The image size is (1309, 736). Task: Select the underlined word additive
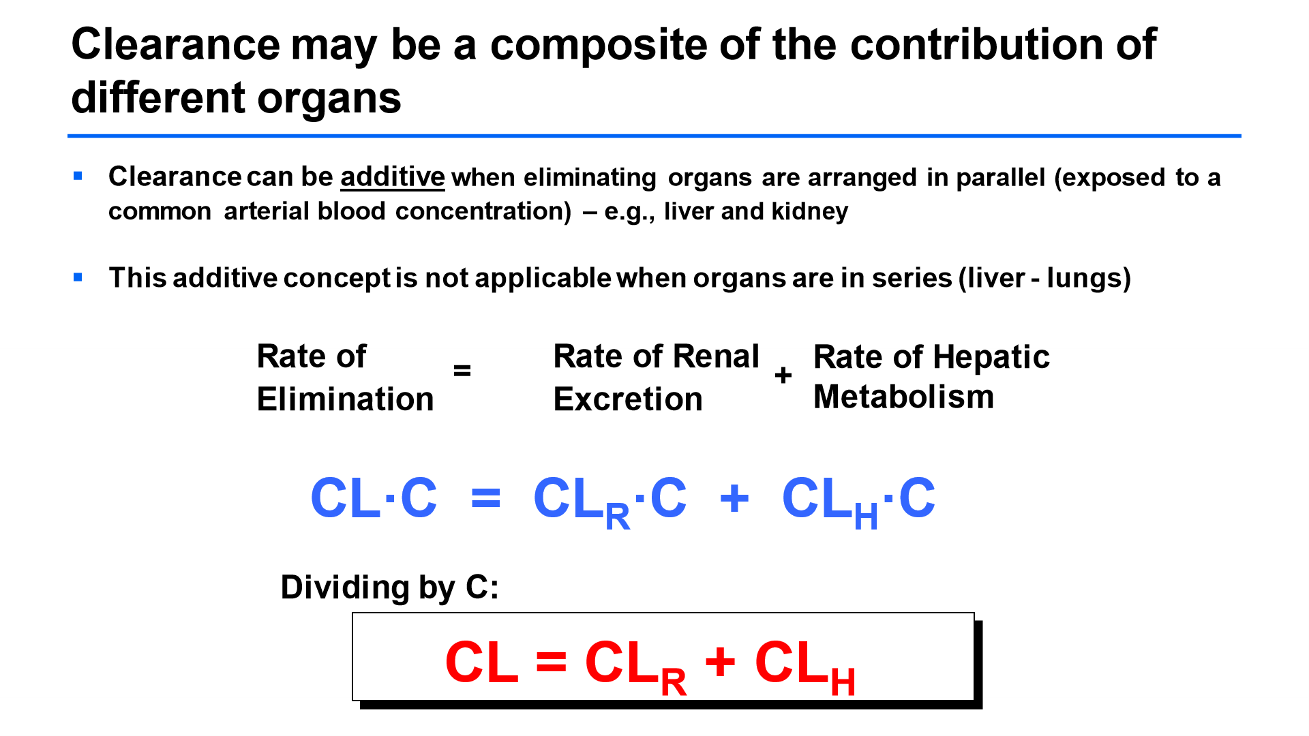tap(393, 177)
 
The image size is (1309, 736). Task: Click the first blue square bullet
tap(78, 177)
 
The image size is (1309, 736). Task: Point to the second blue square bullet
tap(78, 277)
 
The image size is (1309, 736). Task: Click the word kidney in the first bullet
tap(810, 211)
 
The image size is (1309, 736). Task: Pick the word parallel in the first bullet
tap(1001, 177)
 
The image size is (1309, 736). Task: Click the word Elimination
tap(346, 399)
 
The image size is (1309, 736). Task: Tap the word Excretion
tap(628, 399)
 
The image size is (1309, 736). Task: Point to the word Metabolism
tap(904, 397)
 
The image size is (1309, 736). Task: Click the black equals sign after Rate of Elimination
tap(462, 371)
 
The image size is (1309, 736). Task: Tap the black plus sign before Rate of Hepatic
tap(783, 375)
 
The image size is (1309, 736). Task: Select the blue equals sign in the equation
tap(486, 498)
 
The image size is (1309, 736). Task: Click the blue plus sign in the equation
tap(735, 498)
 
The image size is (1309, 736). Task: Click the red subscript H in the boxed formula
tap(843, 682)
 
